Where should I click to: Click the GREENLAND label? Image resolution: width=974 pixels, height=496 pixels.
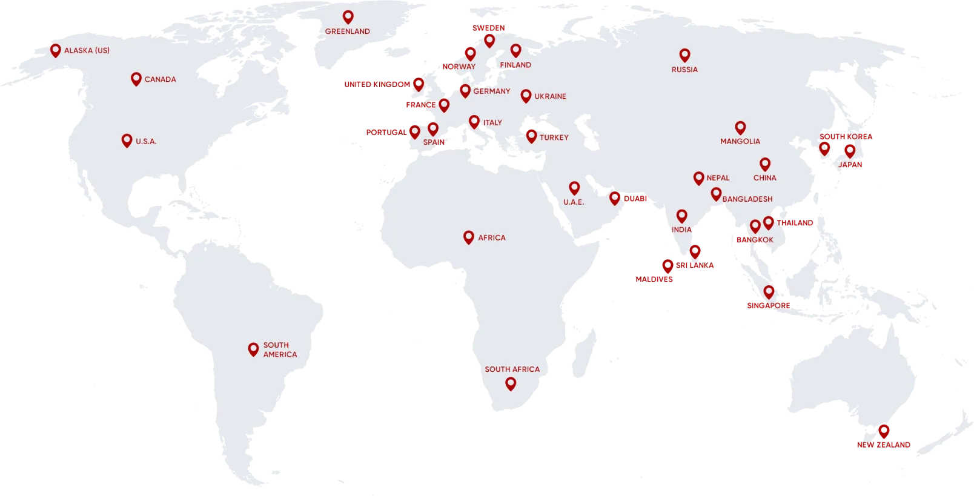point(347,31)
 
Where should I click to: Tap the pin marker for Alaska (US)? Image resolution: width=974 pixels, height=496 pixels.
point(55,50)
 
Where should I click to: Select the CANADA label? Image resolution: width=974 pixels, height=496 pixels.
point(160,79)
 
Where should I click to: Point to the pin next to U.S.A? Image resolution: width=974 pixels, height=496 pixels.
point(127,141)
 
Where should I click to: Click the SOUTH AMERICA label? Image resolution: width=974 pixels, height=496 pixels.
point(280,349)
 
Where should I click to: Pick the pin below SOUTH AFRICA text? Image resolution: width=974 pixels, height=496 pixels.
point(511,383)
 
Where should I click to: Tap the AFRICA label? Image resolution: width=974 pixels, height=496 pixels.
point(491,238)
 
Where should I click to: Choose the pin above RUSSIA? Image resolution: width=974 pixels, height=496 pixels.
point(684,55)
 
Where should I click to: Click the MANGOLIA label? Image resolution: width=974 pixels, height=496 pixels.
point(740,141)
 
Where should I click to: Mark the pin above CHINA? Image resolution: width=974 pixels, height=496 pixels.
point(765,164)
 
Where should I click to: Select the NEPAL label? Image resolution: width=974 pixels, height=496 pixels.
point(718,178)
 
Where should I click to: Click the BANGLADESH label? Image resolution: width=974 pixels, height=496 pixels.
point(747,199)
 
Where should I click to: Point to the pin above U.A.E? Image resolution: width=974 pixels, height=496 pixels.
point(574,188)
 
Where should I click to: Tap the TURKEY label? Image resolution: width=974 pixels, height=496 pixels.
point(554,137)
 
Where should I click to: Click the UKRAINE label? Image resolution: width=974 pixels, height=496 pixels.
point(550,96)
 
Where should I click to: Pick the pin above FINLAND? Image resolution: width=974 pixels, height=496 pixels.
point(515,50)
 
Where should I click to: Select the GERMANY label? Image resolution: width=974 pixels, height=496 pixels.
point(491,91)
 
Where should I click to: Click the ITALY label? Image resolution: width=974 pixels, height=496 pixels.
point(492,123)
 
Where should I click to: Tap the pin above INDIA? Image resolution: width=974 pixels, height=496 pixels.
point(681,216)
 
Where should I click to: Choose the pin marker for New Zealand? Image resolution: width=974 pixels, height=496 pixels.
point(884,431)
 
